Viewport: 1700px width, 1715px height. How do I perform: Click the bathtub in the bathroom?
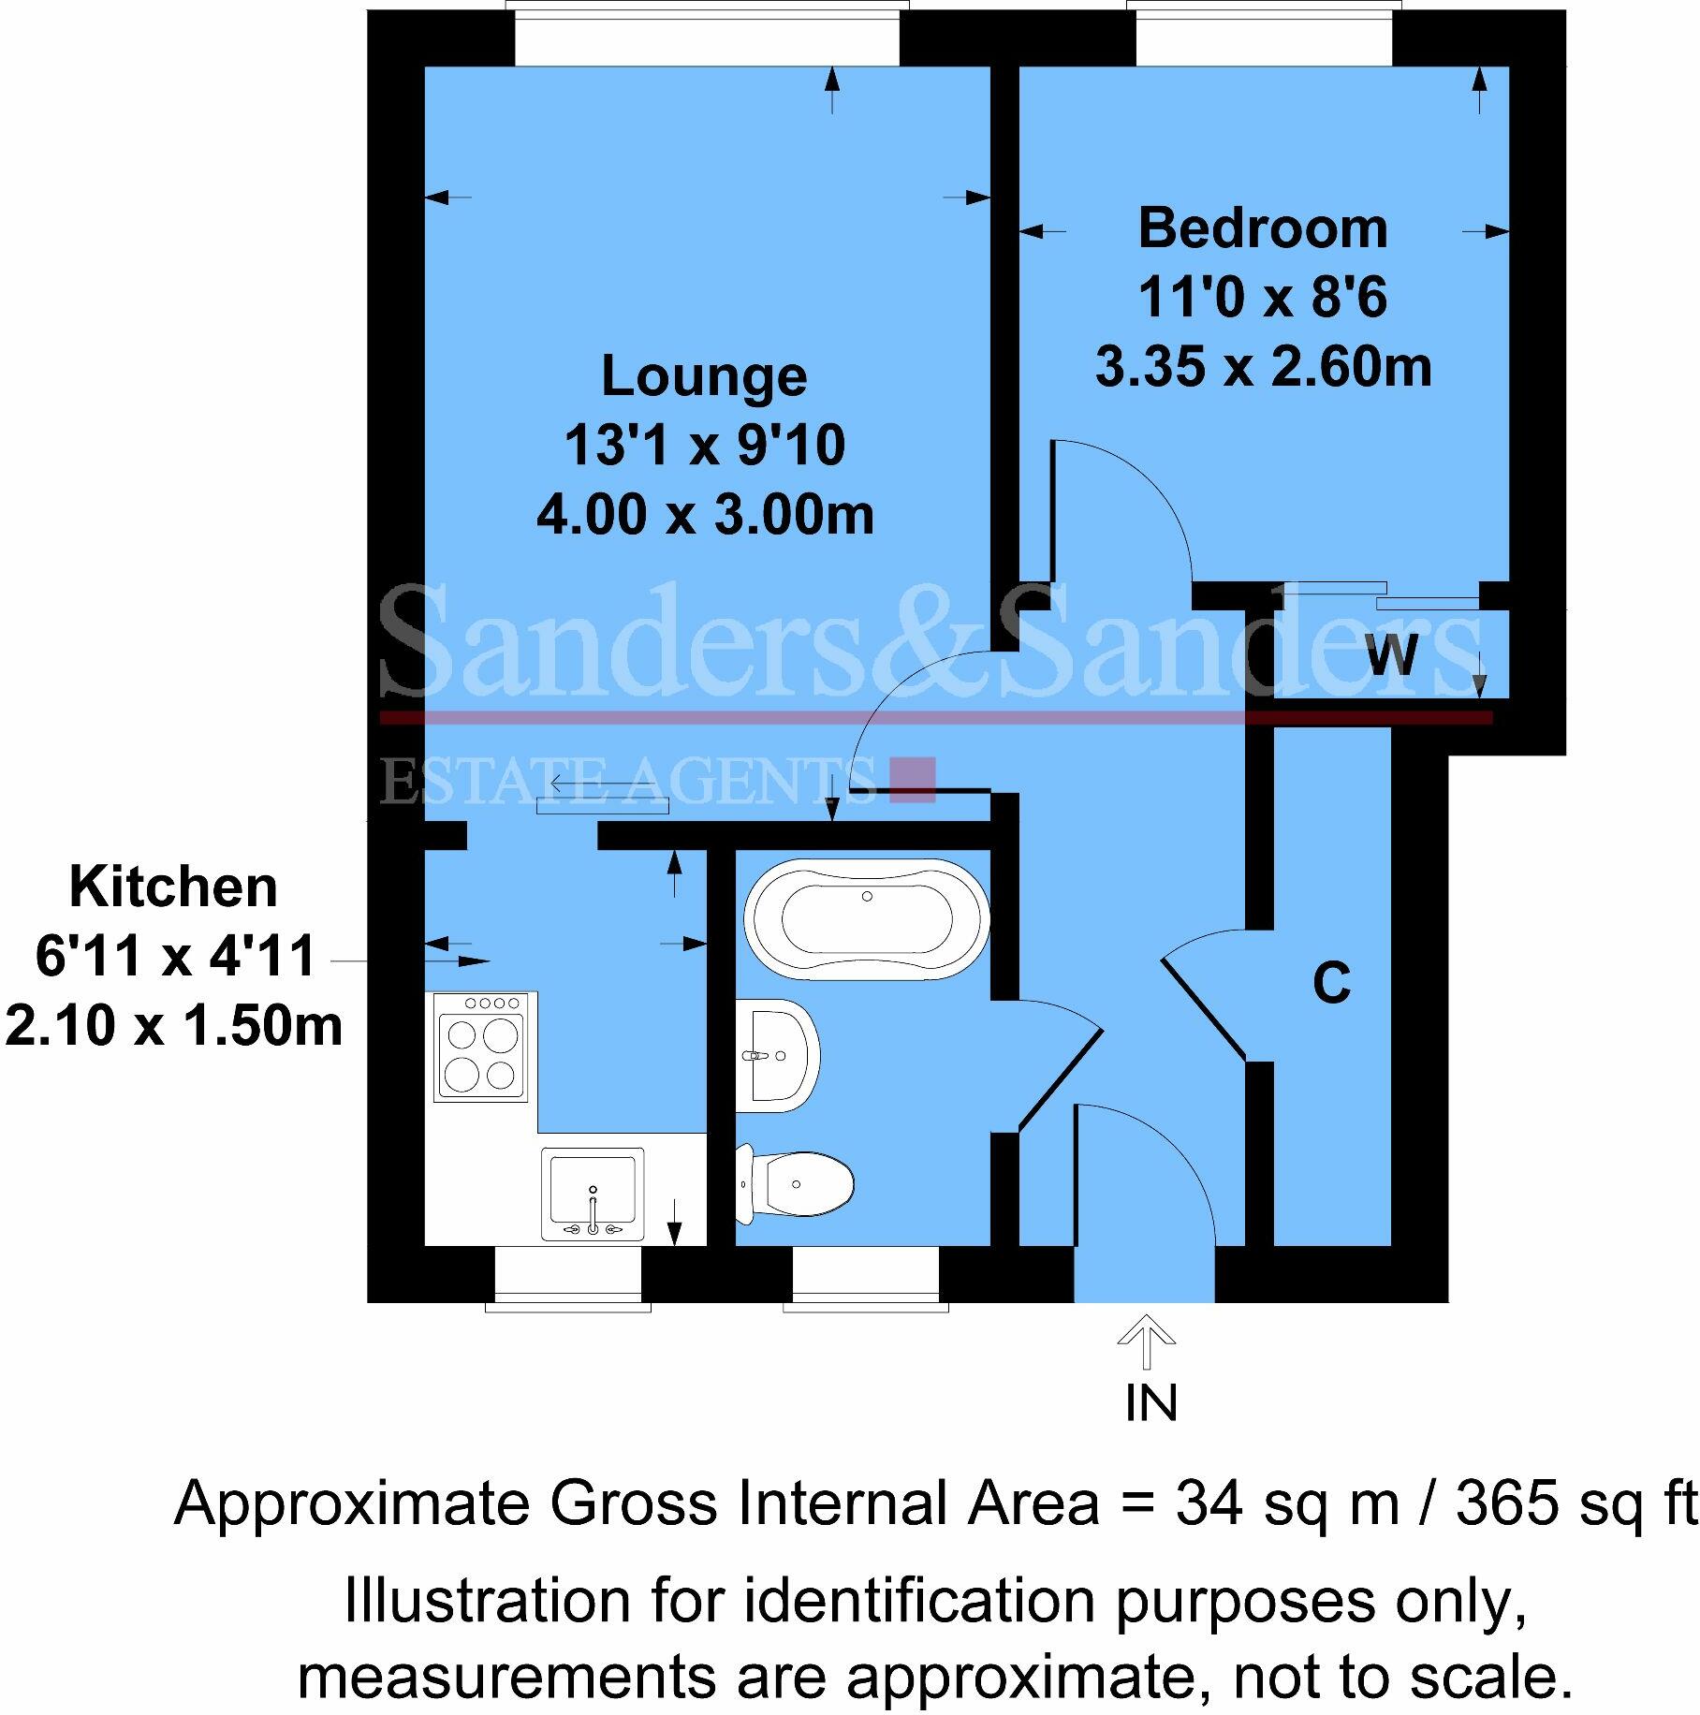[867, 918]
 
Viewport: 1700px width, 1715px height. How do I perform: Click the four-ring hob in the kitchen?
[481, 1047]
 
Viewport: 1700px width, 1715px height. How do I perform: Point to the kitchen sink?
[593, 1195]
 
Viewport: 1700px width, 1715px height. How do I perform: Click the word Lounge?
[704, 376]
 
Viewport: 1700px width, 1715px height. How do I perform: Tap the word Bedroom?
[1262, 228]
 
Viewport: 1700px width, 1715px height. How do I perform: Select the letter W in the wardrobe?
[1391, 655]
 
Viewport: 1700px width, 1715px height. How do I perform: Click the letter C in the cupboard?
[1331, 983]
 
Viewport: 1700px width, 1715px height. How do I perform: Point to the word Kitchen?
[174, 887]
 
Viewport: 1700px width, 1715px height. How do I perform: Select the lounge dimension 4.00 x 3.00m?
[704, 515]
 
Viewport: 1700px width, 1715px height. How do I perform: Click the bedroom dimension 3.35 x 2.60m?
[1262, 367]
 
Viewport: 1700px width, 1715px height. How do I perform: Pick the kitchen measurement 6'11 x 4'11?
[174, 957]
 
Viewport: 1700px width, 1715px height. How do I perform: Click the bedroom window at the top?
[1264, 36]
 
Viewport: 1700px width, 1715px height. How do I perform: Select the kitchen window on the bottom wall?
[567, 1275]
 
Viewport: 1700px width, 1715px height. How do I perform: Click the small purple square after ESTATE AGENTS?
[912, 779]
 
